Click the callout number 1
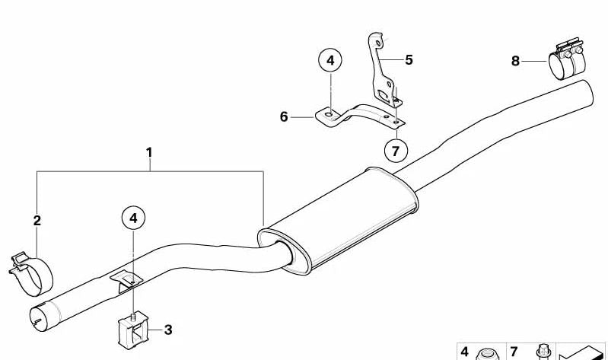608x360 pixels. tap(149, 152)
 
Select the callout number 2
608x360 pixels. tap(37, 221)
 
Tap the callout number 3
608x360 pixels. tap(168, 330)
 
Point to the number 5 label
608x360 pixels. tap(409, 59)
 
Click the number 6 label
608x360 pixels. tap(284, 116)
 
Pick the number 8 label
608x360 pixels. tap(515, 61)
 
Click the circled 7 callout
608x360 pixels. tap(396, 151)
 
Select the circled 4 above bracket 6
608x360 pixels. tap(330, 60)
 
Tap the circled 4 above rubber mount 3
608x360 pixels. tap(133, 218)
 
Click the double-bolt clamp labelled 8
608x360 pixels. tap(567, 59)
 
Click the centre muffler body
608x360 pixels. tap(338, 221)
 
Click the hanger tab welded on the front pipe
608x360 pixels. tap(126, 280)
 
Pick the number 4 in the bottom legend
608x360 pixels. tap(464, 352)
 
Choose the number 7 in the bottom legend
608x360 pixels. tap(514, 352)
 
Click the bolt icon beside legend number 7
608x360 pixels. tap(543, 352)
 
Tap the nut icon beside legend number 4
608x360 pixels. tap(487, 354)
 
